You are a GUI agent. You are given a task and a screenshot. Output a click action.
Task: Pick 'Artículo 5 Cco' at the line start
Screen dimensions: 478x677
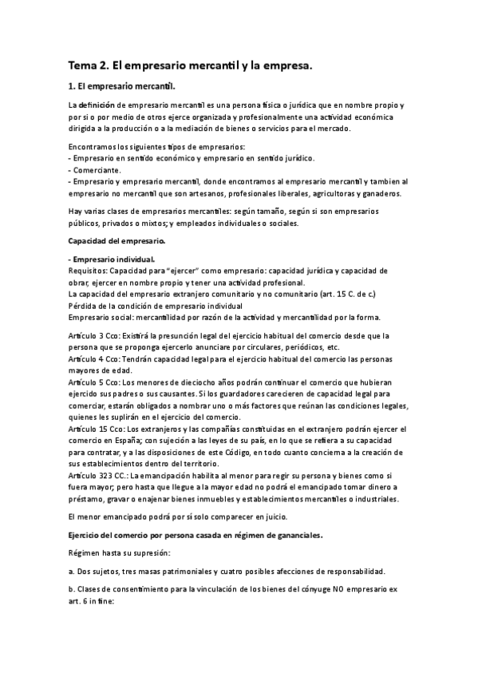coord(95,383)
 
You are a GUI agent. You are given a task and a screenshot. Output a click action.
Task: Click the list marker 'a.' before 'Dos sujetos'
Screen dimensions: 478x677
coord(73,549)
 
